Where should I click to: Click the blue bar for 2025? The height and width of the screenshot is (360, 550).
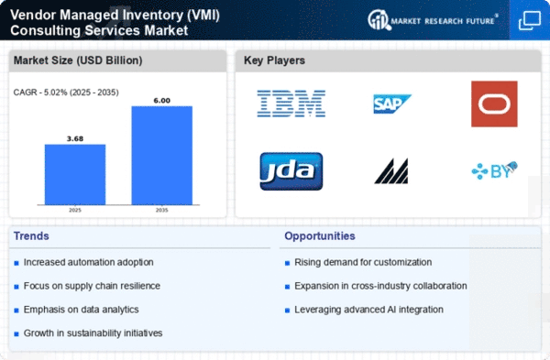click(75, 174)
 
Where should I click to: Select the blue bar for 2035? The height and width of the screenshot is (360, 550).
click(161, 156)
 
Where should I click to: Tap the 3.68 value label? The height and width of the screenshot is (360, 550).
click(75, 139)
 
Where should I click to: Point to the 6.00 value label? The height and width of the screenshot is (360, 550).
click(161, 101)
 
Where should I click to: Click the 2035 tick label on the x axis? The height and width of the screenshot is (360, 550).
click(161, 210)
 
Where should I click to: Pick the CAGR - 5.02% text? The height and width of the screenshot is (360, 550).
click(40, 93)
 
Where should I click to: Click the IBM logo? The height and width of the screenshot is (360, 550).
click(291, 104)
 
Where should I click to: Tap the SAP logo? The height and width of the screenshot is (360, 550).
click(392, 104)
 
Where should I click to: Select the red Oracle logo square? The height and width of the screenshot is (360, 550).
click(494, 104)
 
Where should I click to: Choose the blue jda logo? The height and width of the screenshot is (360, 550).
click(291, 171)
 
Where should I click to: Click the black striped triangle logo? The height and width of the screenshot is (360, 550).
click(391, 171)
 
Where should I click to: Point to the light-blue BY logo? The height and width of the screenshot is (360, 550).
click(495, 170)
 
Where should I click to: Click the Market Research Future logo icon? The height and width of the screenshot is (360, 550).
click(379, 19)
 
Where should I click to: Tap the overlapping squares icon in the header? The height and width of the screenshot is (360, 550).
click(530, 20)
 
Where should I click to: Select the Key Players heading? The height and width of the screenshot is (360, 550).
click(274, 60)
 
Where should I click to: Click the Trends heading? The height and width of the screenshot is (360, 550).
click(31, 236)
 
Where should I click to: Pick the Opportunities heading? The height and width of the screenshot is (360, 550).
click(320, 236)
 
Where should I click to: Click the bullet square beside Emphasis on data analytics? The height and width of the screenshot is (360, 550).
click(16, 311)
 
